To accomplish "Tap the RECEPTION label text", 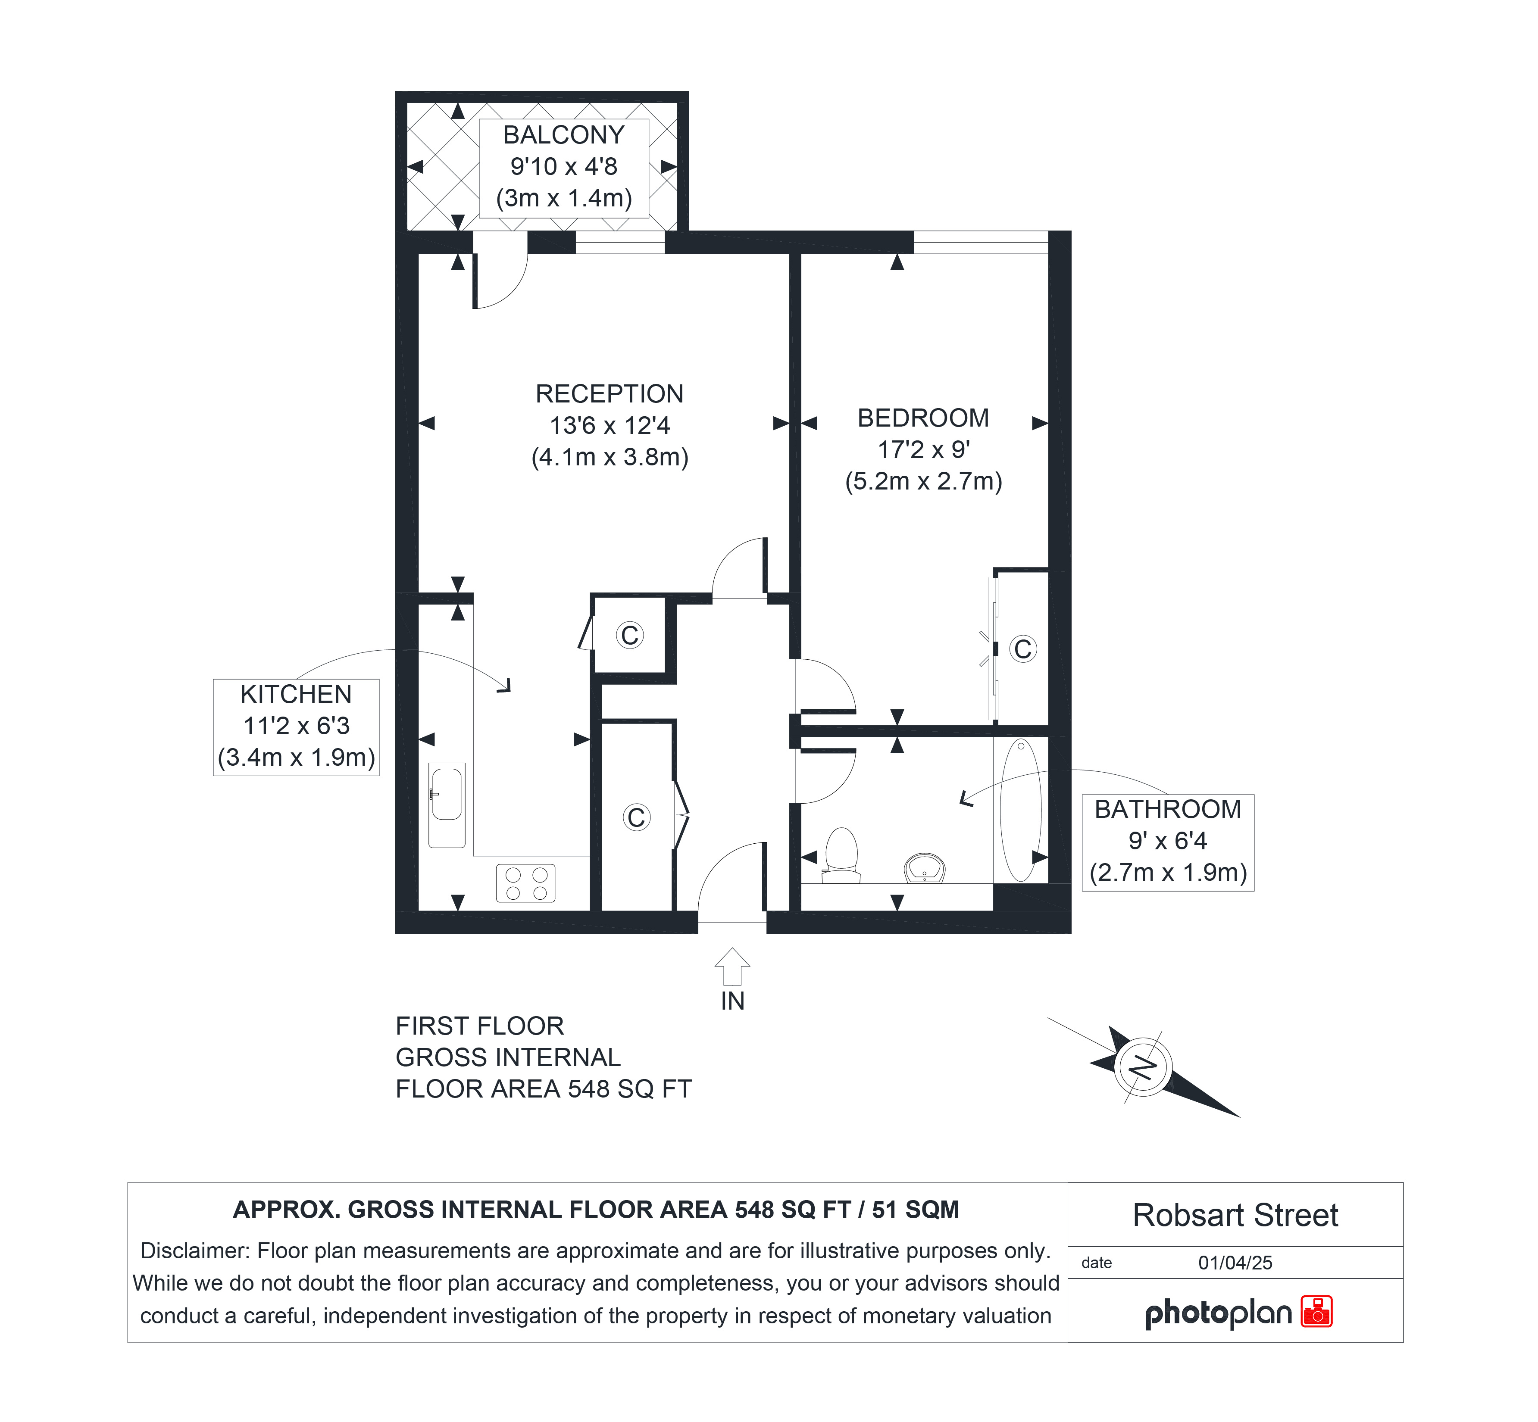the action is click(x=609, y=394).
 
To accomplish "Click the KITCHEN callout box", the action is click(x=297, y=727).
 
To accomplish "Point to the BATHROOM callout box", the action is click(x=1168, y=842).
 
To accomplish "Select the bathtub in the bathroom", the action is click(x=1021, y=810).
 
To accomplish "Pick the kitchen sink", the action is click(x=447, y=805).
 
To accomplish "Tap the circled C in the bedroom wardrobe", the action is click(x=1022, y=649).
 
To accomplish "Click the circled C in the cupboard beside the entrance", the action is click(x=636, y=817).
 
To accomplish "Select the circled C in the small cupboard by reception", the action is click(x=630, y=635).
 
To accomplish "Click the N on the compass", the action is click(x=1143, y=1068).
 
